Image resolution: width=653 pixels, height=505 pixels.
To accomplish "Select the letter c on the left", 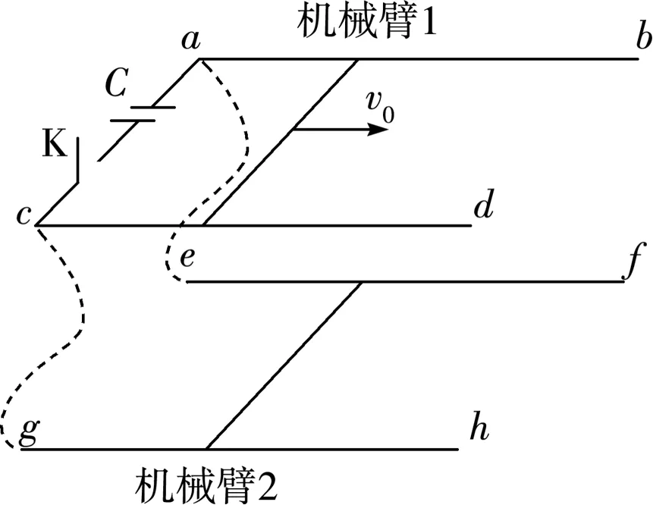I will pos(24,215).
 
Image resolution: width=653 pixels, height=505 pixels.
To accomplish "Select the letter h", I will pos(478,428).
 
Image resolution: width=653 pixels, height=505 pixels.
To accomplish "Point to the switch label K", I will pos(54,143).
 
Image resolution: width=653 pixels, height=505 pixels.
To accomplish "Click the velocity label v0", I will pos(378,107).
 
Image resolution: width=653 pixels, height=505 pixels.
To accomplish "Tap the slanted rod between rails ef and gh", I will pos(284,364).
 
